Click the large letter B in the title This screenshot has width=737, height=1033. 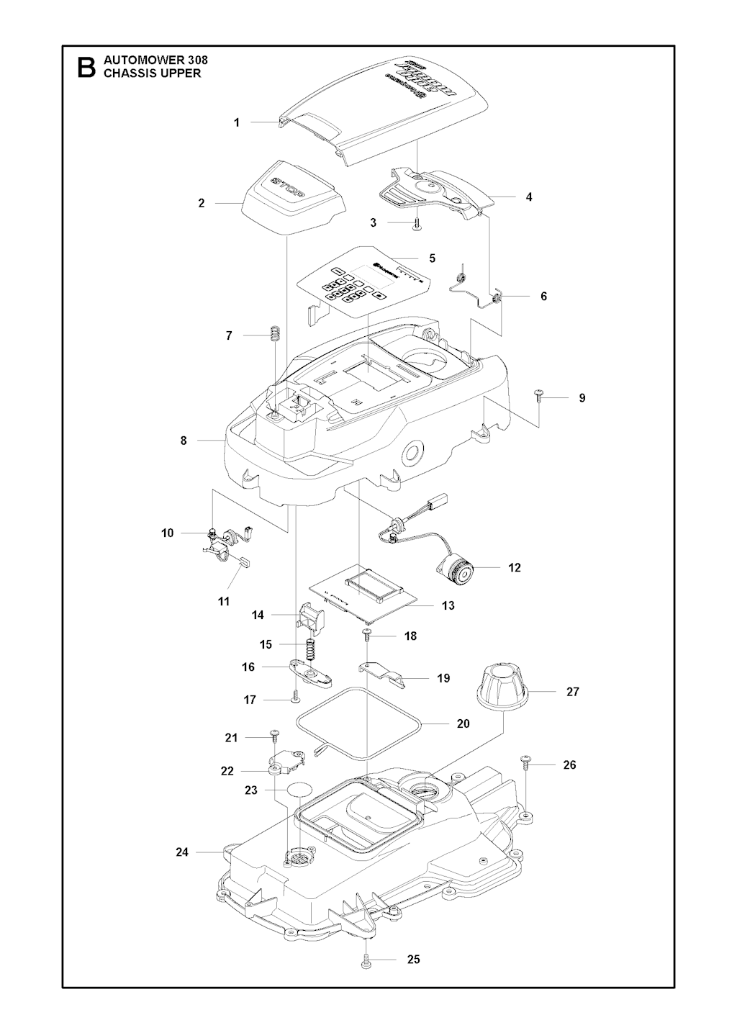point(86,67)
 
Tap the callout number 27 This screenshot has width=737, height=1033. point(573,692)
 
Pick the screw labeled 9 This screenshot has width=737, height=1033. point(538,394)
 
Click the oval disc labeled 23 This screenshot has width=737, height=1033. point(301,790)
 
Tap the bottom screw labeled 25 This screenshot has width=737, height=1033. point(366,960)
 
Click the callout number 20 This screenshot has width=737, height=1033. point(464,723)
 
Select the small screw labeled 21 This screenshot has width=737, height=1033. point(274,735)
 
